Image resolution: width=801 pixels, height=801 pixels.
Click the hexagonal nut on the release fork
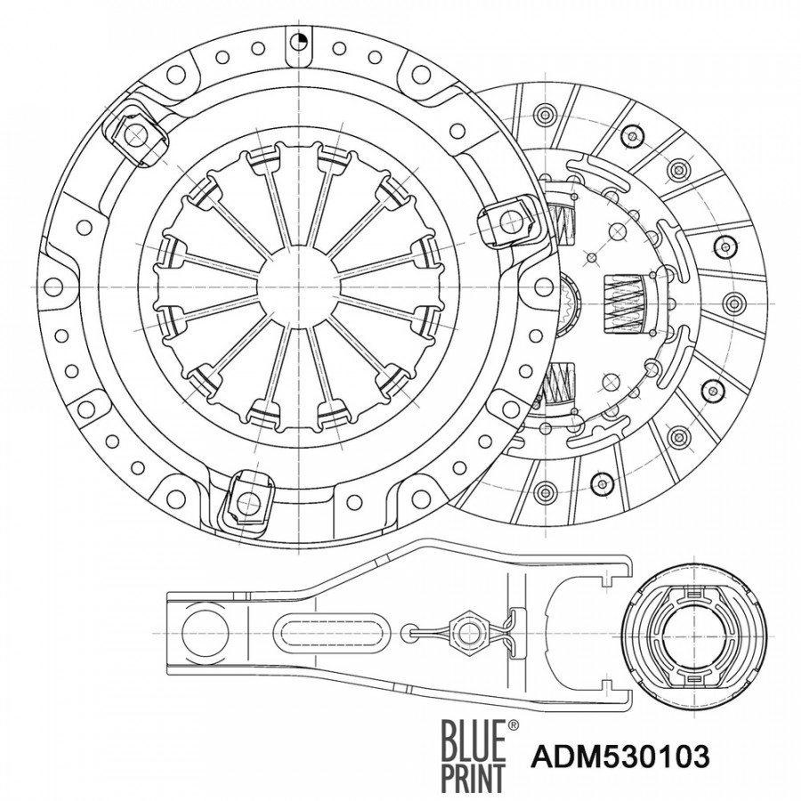[x=465, y=633]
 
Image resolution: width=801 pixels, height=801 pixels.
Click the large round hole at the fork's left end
[x=206, y=633]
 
